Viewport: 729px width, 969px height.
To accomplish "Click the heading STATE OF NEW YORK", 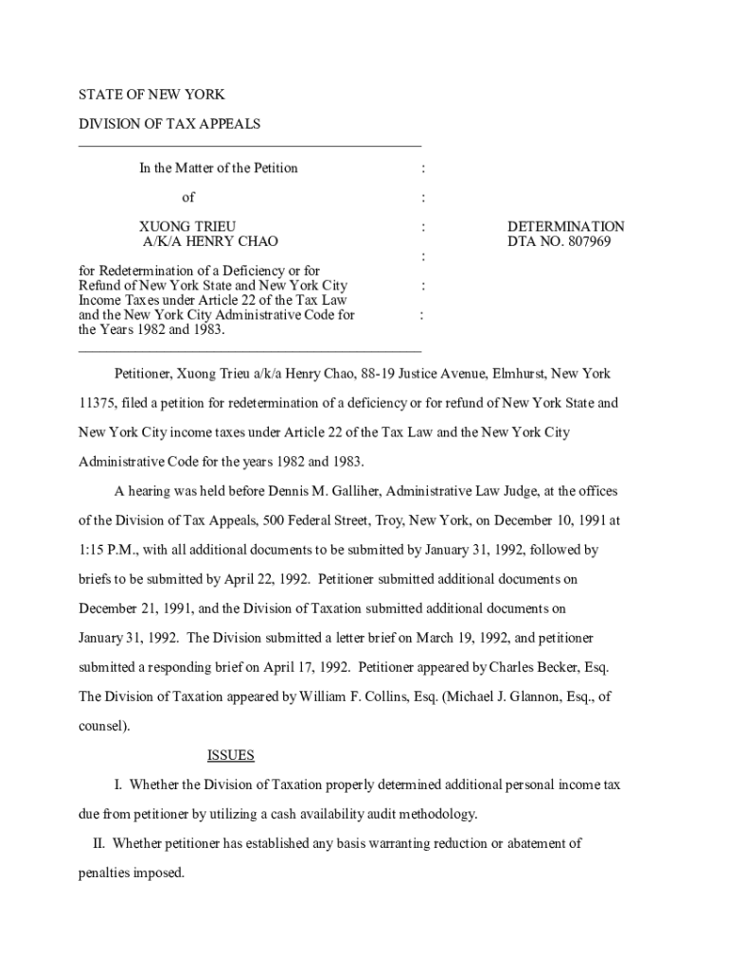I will pos(151,95).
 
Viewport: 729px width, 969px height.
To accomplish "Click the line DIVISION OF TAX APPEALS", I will pos(169,124).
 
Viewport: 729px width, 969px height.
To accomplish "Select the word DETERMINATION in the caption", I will pos(565,227).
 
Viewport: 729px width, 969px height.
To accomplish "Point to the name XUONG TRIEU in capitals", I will pos(187,227).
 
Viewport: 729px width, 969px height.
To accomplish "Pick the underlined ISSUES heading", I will pos(230,755).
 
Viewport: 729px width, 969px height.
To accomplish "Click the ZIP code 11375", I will pos(96,403).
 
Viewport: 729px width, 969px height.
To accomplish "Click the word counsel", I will pos(102,726).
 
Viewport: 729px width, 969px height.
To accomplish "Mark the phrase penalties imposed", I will pos(131,872).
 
